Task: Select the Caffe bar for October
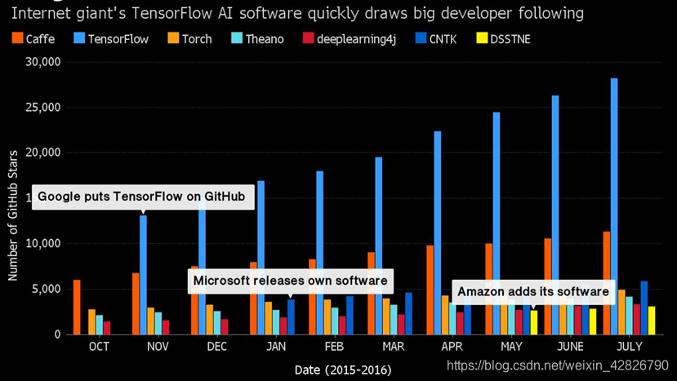[77, 307]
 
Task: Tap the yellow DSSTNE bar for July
[653, 320]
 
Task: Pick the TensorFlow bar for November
[144, 274]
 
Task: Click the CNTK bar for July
[644, 308]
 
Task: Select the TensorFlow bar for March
[378, 245]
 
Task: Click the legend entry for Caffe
[28, 38]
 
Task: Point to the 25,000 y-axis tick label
[43, 108]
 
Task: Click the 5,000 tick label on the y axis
[47, 289]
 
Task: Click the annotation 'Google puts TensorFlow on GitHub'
[142, 197]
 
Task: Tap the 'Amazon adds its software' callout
[532, 291]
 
